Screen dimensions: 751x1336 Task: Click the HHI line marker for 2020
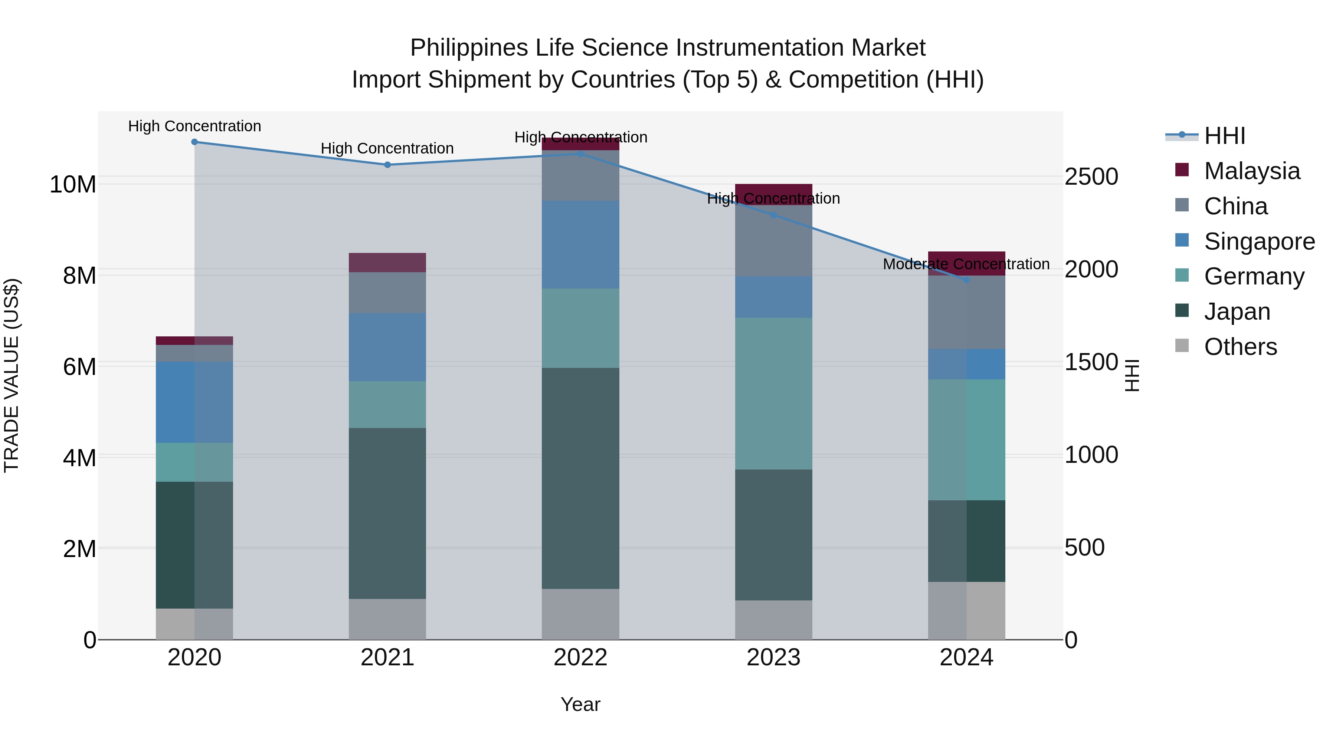click(x=194, y=142)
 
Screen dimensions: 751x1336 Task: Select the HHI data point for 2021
click(x=387, y=165)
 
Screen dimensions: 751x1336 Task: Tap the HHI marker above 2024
click(x=966, y=280)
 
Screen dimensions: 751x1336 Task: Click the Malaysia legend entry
click(x=1251, y=171)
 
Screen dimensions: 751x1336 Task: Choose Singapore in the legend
click(x=1259, y=241)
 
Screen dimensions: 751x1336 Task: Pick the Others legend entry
click(x=1240, y=347)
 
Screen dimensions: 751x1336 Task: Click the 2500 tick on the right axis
click(x=1091, y=177)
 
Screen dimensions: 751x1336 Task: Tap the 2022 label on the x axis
click(x=580, y=658)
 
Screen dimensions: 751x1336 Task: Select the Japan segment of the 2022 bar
click(x=580, y=478)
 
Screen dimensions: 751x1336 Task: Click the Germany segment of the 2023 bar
click(x=773, y=393)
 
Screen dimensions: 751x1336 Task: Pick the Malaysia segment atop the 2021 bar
click(x=387, y=263)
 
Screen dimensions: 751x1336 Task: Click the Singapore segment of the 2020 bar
click(x=194, y=402)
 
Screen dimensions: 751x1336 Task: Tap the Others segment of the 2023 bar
click(x=773, y=620)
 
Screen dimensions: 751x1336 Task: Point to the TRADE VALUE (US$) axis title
click(x=12, y=375)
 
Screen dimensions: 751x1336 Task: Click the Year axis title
click(x=580, y=704)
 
